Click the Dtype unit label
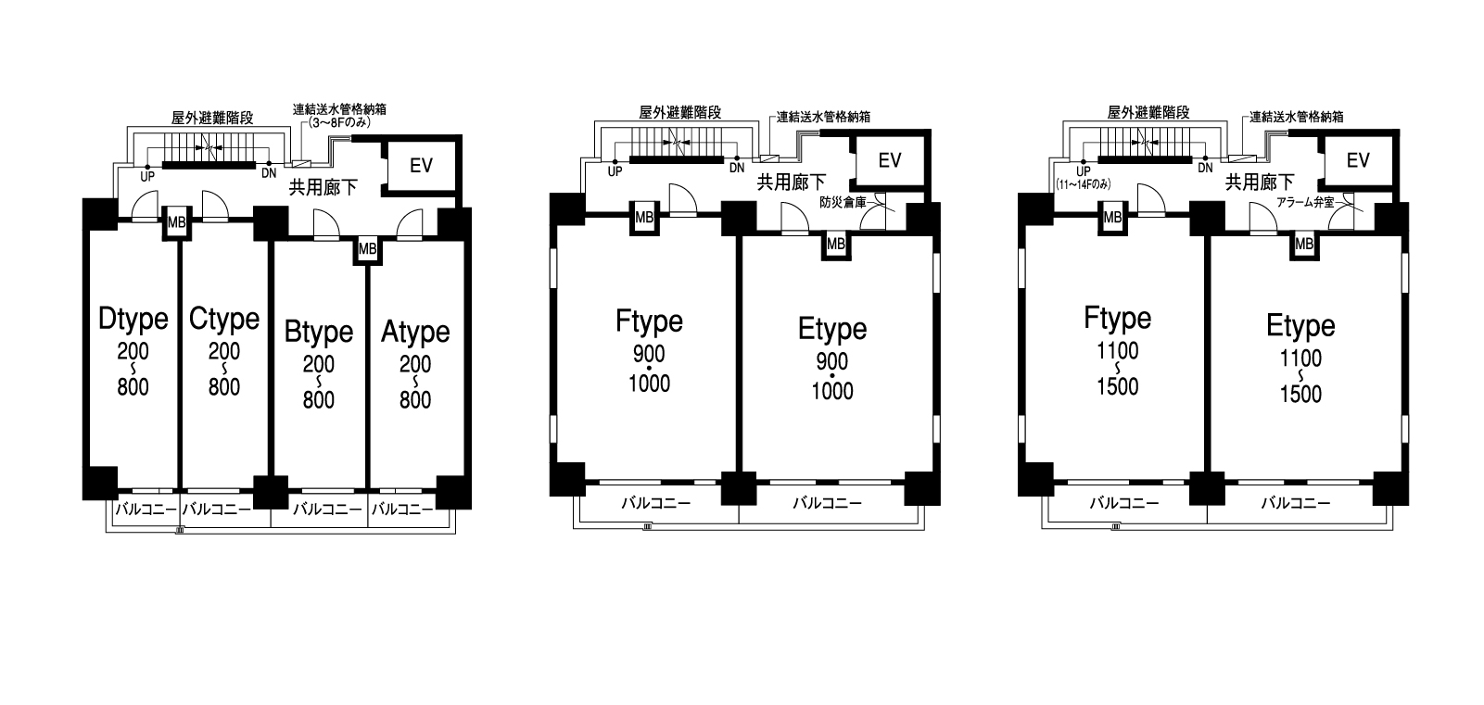(x=133, y=319)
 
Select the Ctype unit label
(x=224, y=319)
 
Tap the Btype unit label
(x=319, y=332)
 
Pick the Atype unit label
(x=415, y=332)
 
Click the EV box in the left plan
(x=421, y=165)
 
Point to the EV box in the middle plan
(x=890, y=161)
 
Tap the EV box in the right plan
(x=1358, y=161)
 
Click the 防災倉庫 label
(x=843, y=203)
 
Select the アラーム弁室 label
(x=1306, y=203)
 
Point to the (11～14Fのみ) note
(x=1084, y=184)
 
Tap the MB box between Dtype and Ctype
(x=177, y=223)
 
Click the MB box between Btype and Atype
(x=368, y=249)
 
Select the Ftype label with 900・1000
(x=649, y=321)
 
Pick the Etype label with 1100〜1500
(x=1300, y=326)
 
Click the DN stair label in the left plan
(x=269, y=173)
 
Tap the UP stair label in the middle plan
(x=615, y=171)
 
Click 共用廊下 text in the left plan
(x=323, y=187)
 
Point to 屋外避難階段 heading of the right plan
(x=1148, y=112)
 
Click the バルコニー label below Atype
(x=402, y=509)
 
